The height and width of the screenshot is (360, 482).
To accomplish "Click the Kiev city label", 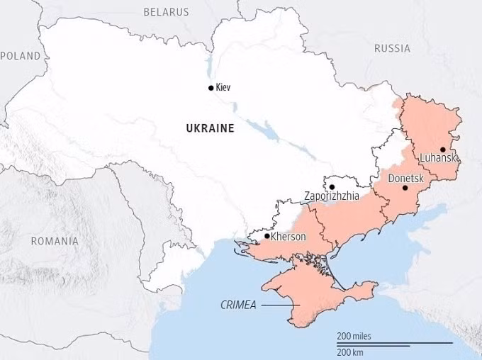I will pos(223,88).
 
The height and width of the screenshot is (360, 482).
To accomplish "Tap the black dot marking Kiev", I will pos(211,88).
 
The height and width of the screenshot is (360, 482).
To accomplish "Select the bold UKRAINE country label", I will pos(210,128).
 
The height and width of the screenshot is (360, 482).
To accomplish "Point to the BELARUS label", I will pos(166,12).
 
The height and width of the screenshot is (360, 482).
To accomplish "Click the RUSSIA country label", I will pos(392,48).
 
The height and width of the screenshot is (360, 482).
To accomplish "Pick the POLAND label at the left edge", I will pos(21,55).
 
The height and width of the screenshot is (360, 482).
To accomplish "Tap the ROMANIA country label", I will pos(55,241).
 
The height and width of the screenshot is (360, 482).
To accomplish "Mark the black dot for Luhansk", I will pos(442,150).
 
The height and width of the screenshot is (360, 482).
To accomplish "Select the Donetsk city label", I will pos(405,179).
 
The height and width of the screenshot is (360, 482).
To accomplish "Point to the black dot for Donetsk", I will pos(405,188).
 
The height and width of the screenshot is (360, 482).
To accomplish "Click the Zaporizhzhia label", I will pos(331,196).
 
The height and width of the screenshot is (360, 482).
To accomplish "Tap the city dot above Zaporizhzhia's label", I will pos(332,187).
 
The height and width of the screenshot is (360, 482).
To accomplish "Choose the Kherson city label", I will pos(288,237).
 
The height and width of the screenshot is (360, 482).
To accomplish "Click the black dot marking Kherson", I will pos(267,236).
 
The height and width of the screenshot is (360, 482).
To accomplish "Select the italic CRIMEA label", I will pos(238,305).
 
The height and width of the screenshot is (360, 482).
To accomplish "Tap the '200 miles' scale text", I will pos(354,336).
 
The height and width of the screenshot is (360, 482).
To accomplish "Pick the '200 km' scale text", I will pos(350,351).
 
